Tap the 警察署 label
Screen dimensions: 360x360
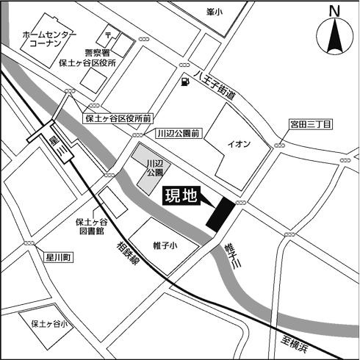click(x=98, y=53)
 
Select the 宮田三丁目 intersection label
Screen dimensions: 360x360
click(x=311, y=125)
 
